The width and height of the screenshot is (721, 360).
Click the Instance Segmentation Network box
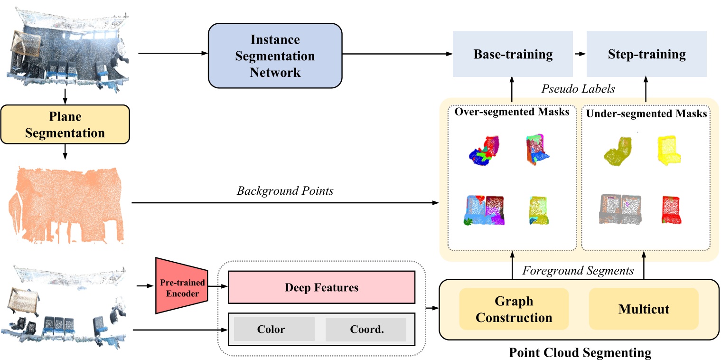275,56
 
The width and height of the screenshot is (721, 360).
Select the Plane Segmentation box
65,124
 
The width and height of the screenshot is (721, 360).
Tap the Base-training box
513,54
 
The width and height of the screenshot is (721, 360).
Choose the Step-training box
646,54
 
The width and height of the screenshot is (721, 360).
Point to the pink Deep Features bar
321,287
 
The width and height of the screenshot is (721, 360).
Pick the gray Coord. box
366,329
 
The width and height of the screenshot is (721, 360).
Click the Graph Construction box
514,309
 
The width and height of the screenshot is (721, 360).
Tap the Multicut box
643,309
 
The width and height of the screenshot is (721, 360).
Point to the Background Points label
285,191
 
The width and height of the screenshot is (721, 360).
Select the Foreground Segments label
578,271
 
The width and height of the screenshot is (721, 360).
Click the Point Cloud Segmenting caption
580,353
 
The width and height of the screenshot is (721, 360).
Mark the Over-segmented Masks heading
512,113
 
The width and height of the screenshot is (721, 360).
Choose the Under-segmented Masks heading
646,114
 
